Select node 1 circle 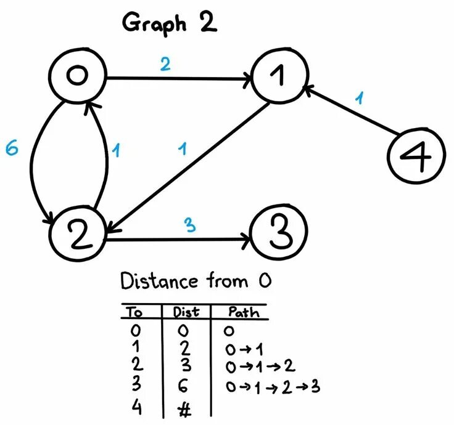tap(278, 78)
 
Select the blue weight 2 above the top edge tap(165, 64)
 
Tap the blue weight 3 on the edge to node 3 tap(189, 225)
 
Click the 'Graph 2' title tap(170, 23)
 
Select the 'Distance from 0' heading tap(196, 281)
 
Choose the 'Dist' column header tap(186, 312)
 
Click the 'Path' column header tap(243, 312)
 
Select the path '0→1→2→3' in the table tap(273, 387)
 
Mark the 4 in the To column tap(136, 407)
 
